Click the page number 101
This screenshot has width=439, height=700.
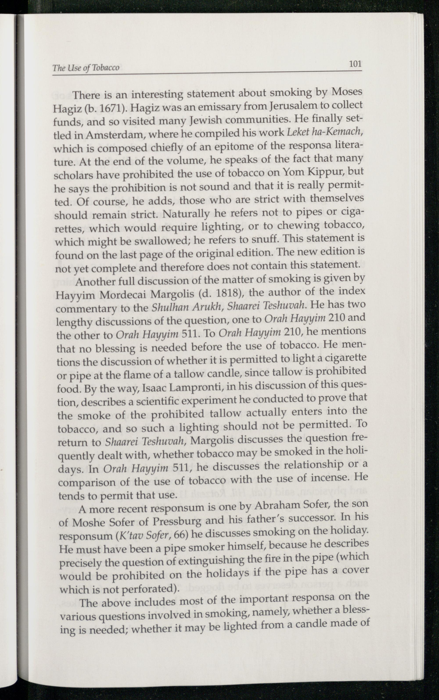pos(355,64)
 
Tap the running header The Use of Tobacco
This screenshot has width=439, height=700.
pos(86,68)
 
